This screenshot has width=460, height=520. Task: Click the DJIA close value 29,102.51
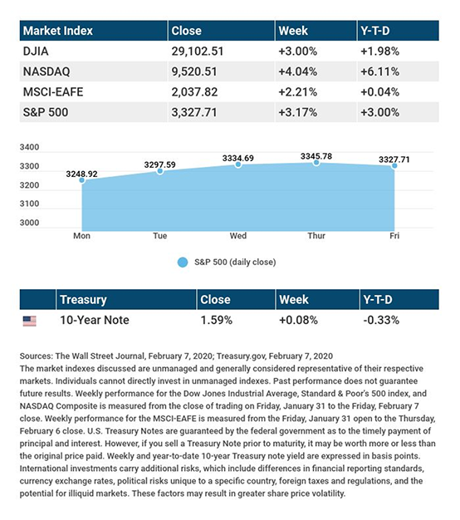(x=198, y=52)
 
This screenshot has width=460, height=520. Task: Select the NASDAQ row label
(x=46, y=71)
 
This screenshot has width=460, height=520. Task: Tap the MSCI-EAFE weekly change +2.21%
(x=297, y=92)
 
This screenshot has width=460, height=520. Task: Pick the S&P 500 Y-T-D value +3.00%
(x=379, y=112)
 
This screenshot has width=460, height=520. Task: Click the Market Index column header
(x=58, y=31)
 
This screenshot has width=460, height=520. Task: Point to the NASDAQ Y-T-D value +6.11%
(x=379, y=71)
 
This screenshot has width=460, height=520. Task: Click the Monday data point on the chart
(x=82, y=180)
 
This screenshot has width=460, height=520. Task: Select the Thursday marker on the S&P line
(x=316, y=163)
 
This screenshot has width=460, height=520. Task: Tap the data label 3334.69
(x=238, y=158)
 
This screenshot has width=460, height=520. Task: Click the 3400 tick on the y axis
(x=29, y=147)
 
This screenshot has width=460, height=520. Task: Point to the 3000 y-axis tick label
(x=29, y=223)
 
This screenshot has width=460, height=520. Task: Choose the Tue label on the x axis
(x=159, y=236)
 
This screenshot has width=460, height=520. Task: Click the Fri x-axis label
(x=394, y=236)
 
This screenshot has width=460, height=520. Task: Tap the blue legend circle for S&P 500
(x=183, y=262)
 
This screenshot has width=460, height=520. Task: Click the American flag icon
(x=30, y=321)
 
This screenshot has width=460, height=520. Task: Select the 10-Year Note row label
(x=95, y=320)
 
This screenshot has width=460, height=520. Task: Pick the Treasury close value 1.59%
(x=217, y=320)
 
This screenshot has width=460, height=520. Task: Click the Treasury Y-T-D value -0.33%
(x=381, y=320)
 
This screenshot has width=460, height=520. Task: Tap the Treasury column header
(x=83, y=300)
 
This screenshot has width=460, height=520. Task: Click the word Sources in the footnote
(x=36, y=356)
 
